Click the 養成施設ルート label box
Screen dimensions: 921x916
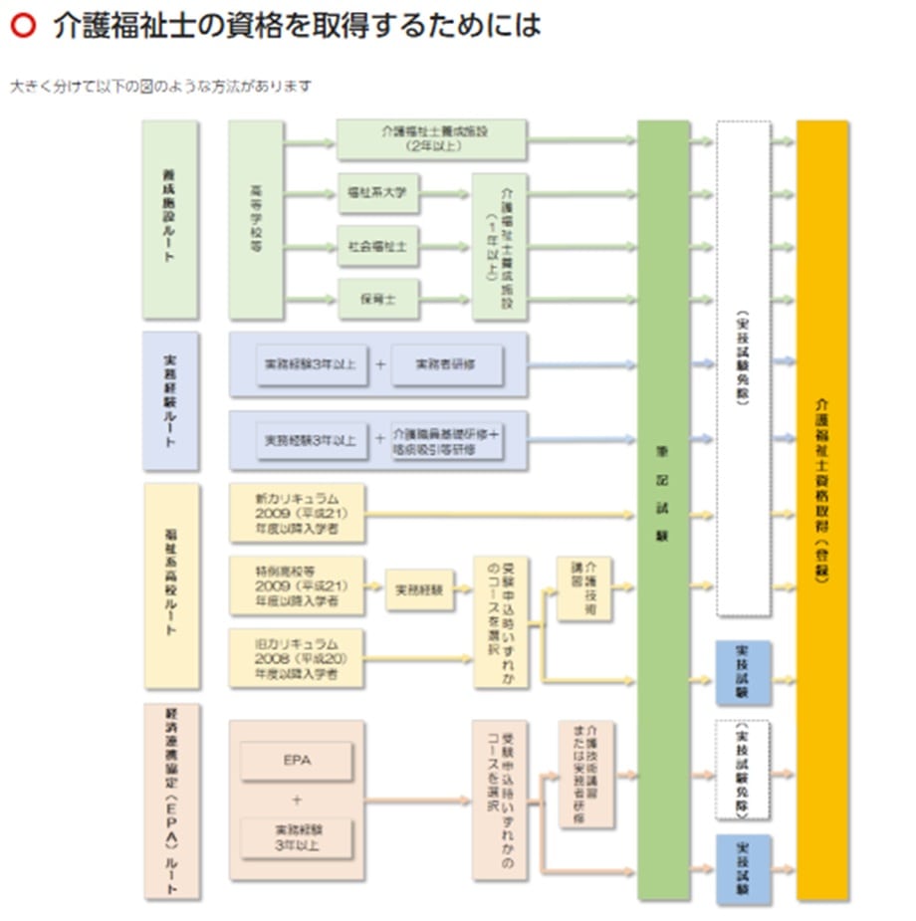tap(169, 220)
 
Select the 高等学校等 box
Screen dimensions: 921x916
tap(256, 220)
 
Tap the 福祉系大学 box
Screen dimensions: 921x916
tap(377, 193)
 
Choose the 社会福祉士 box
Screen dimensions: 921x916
tap(377, 246)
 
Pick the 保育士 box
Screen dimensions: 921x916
tap(377, 299)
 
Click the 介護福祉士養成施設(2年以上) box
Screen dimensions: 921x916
tap(431, 139)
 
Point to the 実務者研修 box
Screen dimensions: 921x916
tap(447, 365)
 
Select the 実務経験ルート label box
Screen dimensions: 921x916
tap(169, 401)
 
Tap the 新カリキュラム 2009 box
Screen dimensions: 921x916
tap(297, 514)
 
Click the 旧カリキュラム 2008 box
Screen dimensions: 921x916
tap(297, 658)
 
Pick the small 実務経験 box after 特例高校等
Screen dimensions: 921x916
tap(418, 589)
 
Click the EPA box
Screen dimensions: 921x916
tap(296, 761)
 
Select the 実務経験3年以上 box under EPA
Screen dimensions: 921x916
tap(296, 834)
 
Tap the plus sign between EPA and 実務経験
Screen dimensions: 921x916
tap(296, 799)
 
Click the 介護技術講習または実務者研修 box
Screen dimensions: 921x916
tap(585, 775)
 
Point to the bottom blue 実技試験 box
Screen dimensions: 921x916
tap(743, 869)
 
